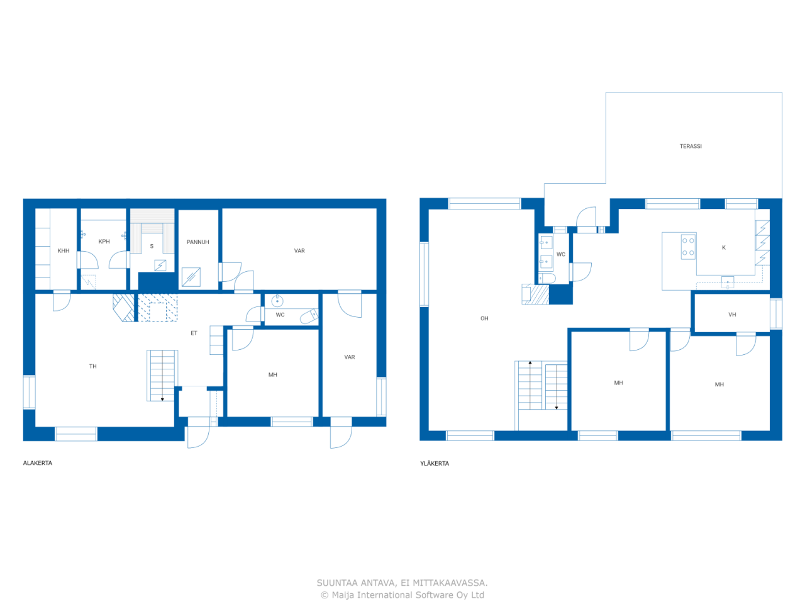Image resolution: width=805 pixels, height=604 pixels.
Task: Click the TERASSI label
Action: tap(690, 147)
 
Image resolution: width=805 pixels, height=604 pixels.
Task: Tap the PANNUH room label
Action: tap(197, 242)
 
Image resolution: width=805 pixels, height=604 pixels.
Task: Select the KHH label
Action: tap(64, 251)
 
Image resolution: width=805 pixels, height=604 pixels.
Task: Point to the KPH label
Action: tap(104, 242)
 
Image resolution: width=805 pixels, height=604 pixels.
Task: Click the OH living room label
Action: tap(484, 318)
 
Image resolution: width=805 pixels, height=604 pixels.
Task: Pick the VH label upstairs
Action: tap(731, 315)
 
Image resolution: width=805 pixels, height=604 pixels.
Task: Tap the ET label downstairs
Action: tap(194, 333)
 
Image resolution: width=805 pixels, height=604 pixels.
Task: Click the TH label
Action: tap(93, 366)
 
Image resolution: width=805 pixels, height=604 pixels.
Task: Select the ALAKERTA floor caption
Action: tap(37, 463)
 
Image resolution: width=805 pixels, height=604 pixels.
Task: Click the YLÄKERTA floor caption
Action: tap(434, 464)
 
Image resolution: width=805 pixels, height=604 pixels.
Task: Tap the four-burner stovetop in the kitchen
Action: tap(687, 247)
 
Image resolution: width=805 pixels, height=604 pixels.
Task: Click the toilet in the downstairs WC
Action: tap(309, 316)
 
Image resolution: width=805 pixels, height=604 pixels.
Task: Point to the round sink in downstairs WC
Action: tap(277, 301)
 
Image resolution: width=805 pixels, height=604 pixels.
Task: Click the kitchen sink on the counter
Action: tap(727, 282)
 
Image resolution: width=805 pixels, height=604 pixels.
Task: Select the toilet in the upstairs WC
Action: tap(547, 278)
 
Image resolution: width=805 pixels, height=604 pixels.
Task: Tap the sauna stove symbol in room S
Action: tap(160, 265)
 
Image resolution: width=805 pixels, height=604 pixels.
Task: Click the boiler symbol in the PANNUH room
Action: tap(191, 277)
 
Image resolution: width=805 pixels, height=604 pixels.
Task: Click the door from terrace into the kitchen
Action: tap(586, 220)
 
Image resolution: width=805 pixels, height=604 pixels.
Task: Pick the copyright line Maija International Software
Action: tap(402, 595)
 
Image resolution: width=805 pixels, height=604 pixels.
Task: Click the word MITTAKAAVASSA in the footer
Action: tap(450, 583)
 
